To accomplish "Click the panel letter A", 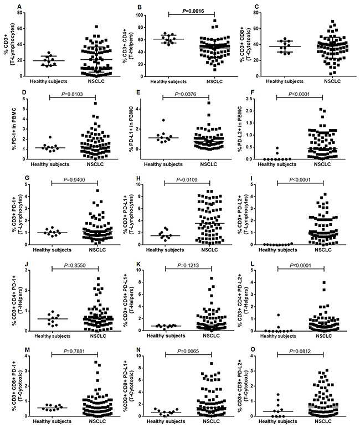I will click(x=20, y=6).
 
